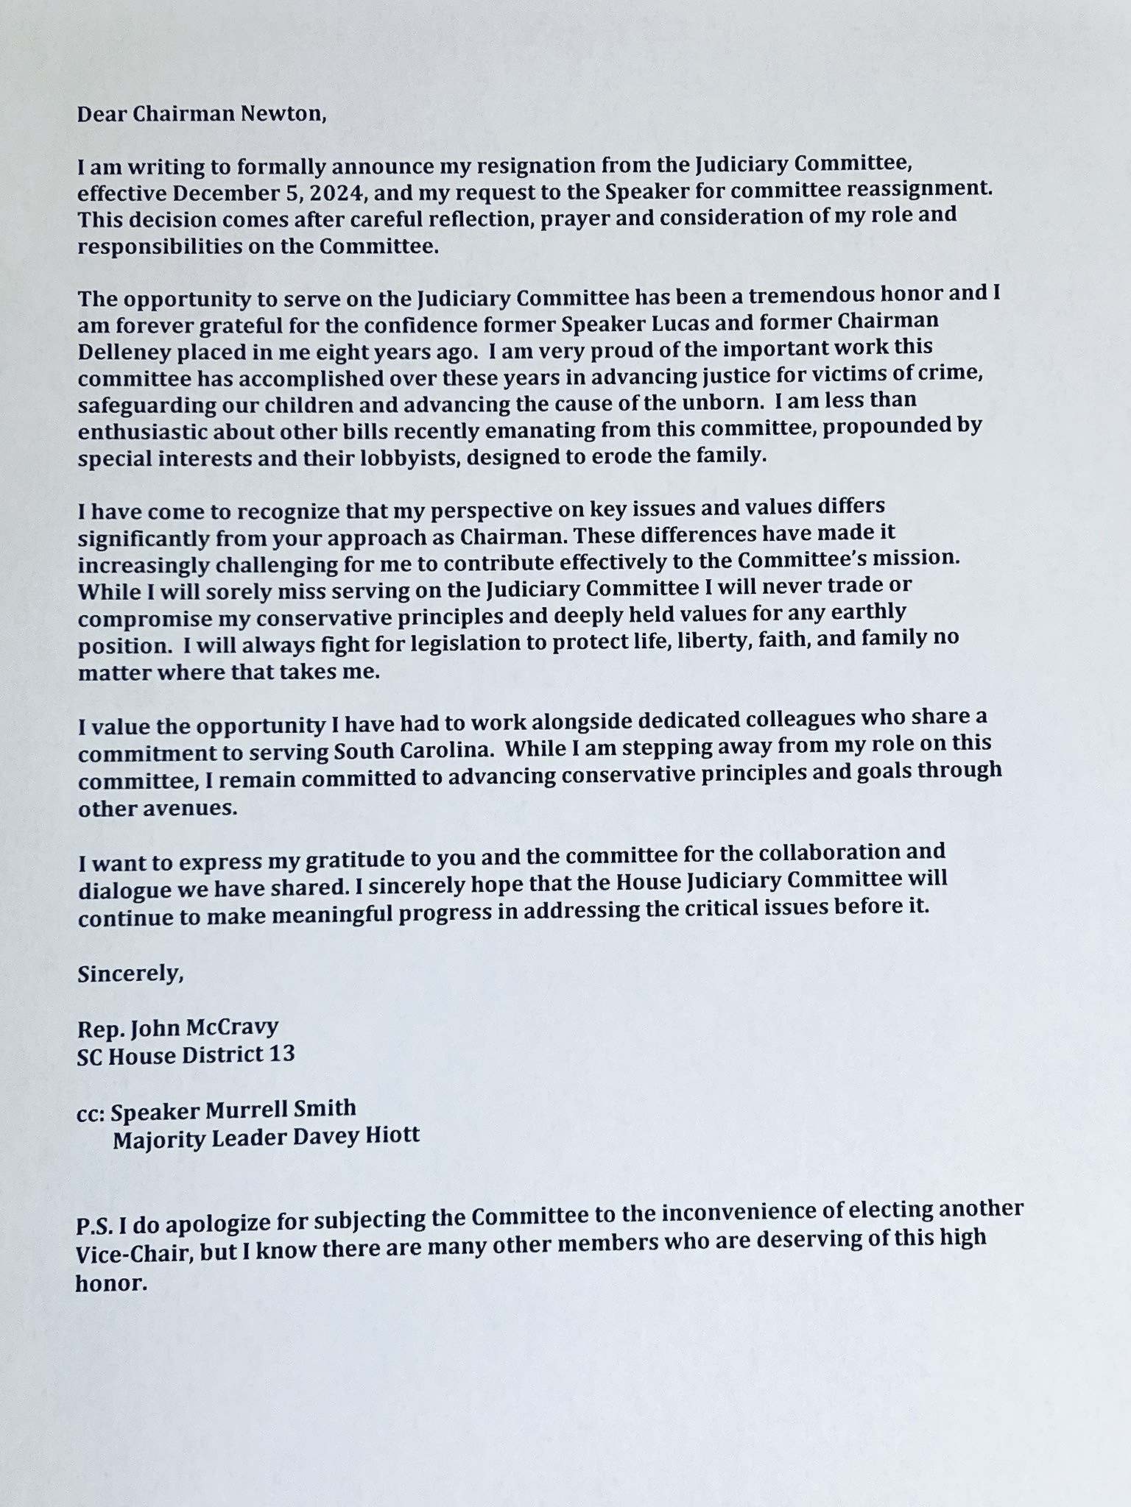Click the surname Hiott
pos(392,1135)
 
